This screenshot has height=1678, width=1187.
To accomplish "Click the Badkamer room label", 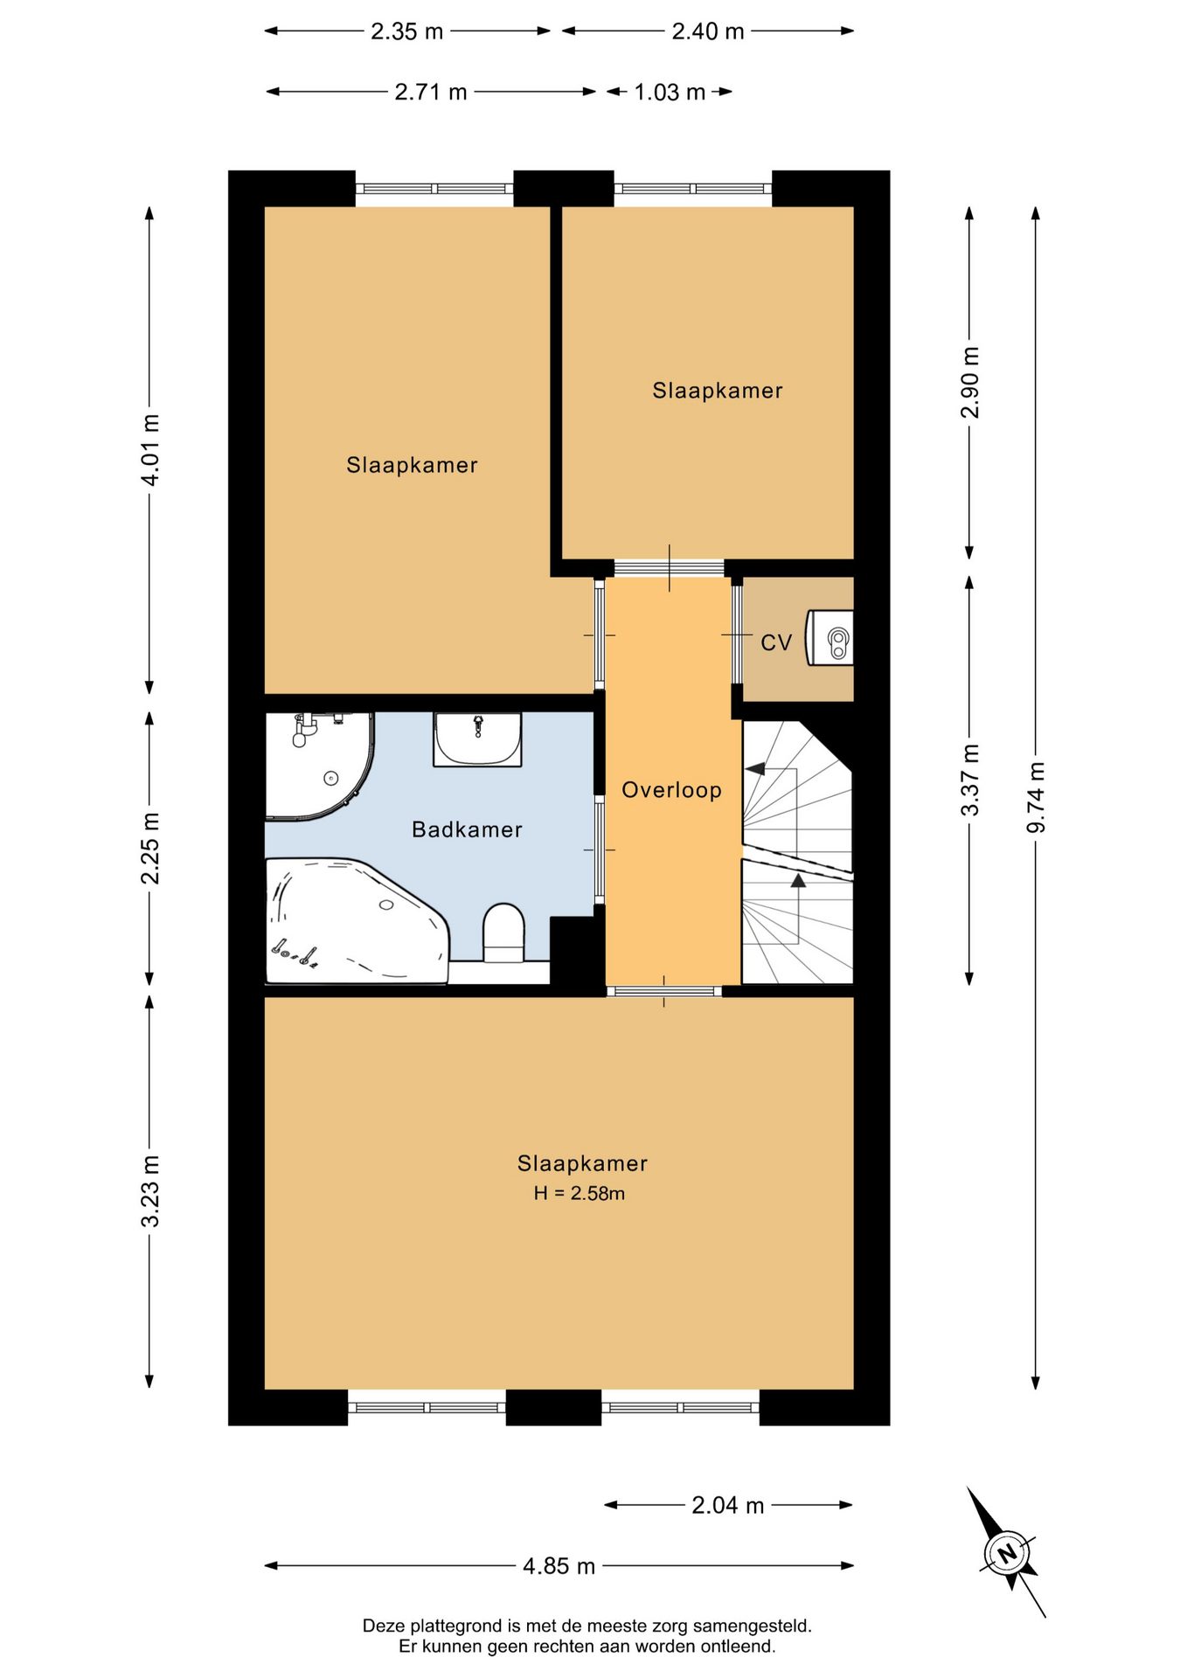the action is pos(467,829).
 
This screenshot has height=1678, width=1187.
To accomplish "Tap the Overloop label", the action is pos(671,790).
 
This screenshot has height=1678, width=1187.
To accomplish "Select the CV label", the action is pos(776,643).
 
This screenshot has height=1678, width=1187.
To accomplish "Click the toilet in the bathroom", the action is pos(503,933).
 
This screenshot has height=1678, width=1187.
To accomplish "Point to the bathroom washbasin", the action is pos(477,739).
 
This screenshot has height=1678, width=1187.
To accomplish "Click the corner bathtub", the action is pos(357,920).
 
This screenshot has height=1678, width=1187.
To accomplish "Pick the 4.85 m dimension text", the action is pos(559,1565).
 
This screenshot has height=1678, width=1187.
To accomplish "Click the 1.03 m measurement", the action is pos(670,92).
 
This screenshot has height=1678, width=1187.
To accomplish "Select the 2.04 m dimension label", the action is pos(728,1505).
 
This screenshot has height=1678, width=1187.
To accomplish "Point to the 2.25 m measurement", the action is pos(150,848).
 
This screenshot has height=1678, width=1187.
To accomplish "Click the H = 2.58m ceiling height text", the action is pos(580,1193).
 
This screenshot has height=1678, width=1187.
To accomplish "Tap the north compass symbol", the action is pos(1007,1553).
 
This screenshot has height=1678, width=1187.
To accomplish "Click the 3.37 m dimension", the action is pos(970,780).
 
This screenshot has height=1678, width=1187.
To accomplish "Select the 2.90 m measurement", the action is pos(970,383).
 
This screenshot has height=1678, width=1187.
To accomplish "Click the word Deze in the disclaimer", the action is pos(384,1626).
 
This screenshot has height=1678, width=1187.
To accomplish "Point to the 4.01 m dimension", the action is pos(150,450).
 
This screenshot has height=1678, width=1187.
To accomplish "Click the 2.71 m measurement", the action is pos(431,92).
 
